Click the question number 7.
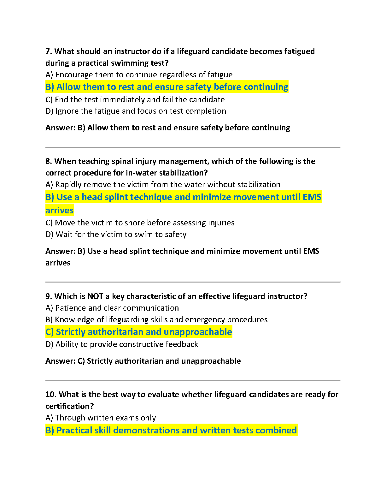[x=48, y=51]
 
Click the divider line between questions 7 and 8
[x=193, y=147]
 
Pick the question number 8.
[x=48, y=161]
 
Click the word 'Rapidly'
[x=67, y=185]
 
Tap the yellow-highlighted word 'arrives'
[x=60, y=211]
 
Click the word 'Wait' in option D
[x=64, y=235]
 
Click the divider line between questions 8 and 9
[x=193, y=282]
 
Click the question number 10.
[x=50, y=395]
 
